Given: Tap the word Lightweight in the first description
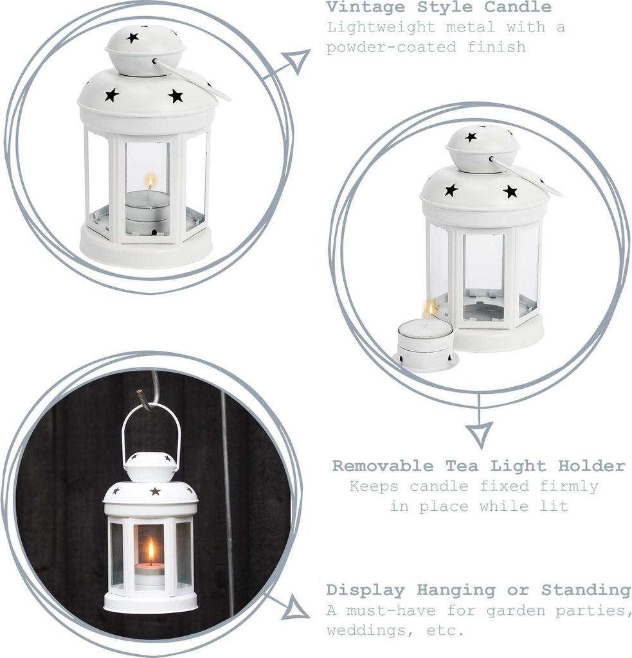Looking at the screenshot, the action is click(381, 28).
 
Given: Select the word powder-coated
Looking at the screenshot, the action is click(391, 46).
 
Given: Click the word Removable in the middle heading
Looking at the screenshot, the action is click(383, 465).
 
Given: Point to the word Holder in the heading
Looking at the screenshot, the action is click(591, 465).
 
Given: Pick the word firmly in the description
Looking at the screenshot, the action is click(569, 486).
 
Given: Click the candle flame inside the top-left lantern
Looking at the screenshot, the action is click(150, 183).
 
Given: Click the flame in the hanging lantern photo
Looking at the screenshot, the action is click(150, 551).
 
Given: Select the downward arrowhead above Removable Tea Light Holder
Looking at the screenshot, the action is click(479, 435).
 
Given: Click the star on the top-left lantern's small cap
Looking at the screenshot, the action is click(132, 38).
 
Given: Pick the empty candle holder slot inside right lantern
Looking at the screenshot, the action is click(483, 310).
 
